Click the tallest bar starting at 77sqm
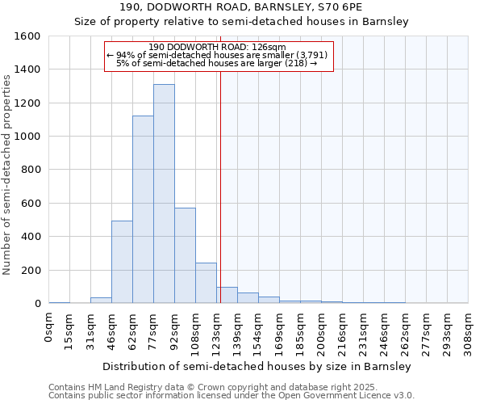point(164,194)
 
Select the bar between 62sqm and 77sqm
point(143,209)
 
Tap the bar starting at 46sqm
point(122,262)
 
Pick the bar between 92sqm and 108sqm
point(185,255)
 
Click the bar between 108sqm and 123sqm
point(206,283)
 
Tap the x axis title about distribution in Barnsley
point(257,366)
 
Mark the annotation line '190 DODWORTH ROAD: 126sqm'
point(218,47)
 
